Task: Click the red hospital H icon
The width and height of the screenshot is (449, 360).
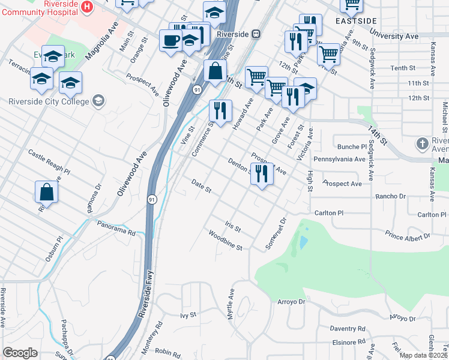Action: point(88,7)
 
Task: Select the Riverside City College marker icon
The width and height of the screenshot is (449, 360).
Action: point(98,101)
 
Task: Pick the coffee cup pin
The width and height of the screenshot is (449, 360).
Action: point(170,41)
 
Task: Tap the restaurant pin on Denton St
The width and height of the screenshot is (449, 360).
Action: point(261,174)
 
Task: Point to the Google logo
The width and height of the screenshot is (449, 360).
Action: point(20,353)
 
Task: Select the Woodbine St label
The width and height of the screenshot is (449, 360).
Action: point(225,239)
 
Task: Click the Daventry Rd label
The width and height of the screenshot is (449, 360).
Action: point(348,329)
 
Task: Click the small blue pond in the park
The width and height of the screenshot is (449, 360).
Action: point(303,242)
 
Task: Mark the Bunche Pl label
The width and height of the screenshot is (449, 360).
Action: point(352,146)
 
